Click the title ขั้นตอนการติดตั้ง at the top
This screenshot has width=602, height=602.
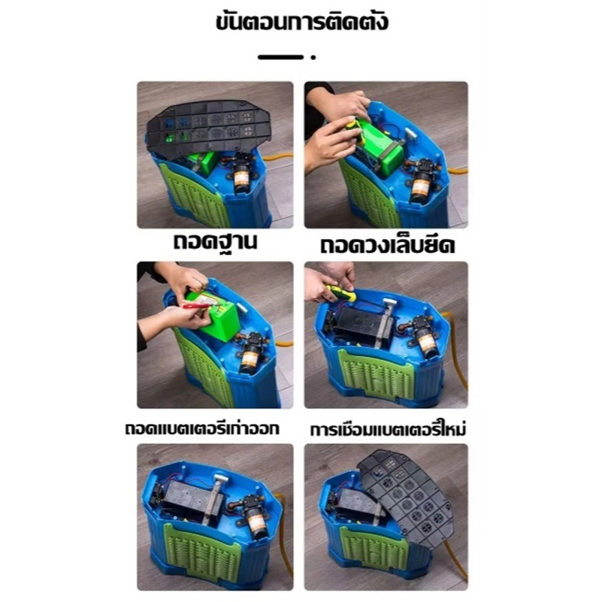tap(302, 22)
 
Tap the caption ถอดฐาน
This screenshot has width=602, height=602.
tap(215, 243)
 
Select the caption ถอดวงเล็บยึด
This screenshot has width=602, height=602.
tap(387, 245)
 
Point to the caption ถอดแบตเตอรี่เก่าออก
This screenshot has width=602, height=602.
tap(202, 428)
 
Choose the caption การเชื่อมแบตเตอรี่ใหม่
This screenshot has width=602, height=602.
tap(388, 429)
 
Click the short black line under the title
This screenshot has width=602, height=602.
tap(280, 57)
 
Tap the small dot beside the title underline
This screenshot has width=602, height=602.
tap(313, 57)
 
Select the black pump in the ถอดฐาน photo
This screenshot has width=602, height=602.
tap(241, 172)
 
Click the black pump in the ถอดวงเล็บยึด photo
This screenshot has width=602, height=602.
tap(423, 180)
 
